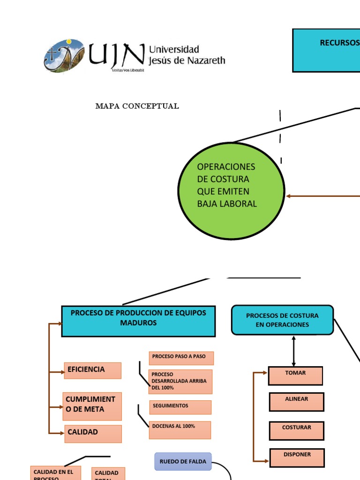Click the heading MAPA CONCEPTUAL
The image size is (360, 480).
point(137,106)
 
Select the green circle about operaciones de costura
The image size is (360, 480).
point(232,191)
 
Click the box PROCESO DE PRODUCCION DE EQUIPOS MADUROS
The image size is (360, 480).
point(138,321)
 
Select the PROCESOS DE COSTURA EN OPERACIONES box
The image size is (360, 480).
point(282,320)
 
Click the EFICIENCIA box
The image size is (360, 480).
point(93,370)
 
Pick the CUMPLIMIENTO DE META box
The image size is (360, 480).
point(92,406)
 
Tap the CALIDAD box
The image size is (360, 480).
point(93,434)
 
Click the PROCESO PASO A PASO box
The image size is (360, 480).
point(181,358)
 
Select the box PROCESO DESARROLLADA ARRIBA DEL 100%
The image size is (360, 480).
point(180,382)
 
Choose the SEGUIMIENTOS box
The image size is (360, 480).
point(180,407)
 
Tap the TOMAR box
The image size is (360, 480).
point(295,375)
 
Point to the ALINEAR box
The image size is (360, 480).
point(296,402)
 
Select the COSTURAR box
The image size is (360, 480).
point(296,430)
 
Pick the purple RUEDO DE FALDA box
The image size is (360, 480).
point(183,461)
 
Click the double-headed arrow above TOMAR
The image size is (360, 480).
point(293,351)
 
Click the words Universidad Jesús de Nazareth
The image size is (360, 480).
point(187,55)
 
